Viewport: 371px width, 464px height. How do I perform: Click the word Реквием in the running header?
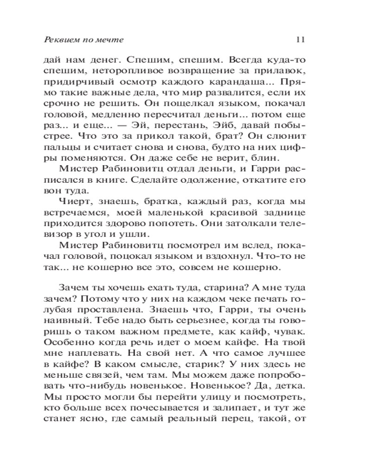tap(59, 40)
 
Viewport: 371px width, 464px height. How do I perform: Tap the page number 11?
tap(300, 40)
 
